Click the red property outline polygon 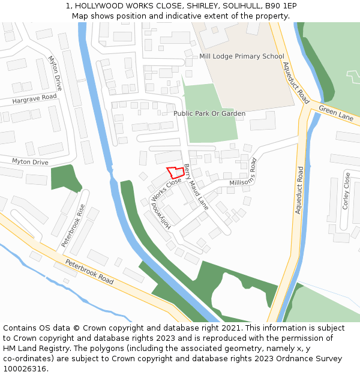pos(175,172)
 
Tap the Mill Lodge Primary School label pos(241,56)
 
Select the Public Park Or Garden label pos(209,113)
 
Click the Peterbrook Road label pos(89,272)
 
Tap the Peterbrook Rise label pos(73,226)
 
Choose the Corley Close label pos(346,191)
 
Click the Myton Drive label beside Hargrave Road pos(55,73)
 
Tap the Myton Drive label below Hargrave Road pos(30,162)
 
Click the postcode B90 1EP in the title pos(280,5)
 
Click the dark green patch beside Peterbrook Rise pos(64,178)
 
